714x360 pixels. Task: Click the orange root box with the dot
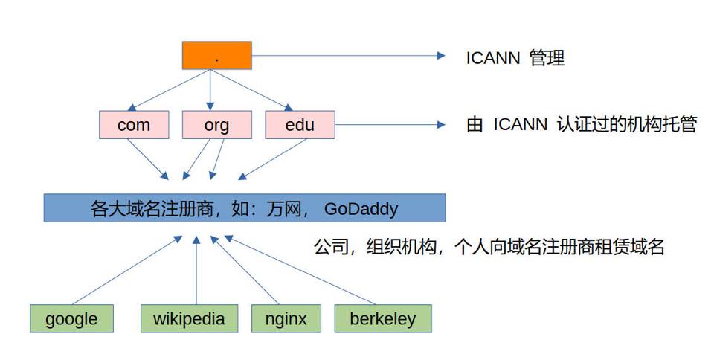(x=216, y=56)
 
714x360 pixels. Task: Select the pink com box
(x=134, y=125)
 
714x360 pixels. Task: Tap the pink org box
(x=216, y=125)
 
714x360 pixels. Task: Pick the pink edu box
(x=300, y=125)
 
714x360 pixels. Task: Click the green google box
(x=71, y=318)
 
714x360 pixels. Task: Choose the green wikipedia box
(x=189, y=318)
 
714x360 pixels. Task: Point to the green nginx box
(x=286, y=318)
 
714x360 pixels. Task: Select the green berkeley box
(x=383, y=318)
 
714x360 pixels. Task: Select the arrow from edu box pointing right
(x=387, y=125)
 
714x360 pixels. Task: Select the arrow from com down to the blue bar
(x=149, y=158)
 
